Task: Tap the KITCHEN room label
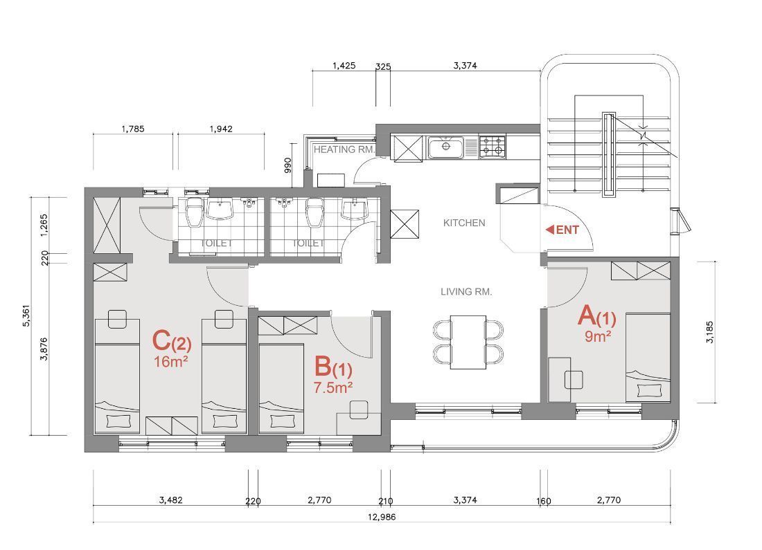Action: (464, 223)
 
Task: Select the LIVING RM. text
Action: (466, 292)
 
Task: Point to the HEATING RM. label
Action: (344, 149)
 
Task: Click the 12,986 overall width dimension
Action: (382, 517)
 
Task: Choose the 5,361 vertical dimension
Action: (26, 316)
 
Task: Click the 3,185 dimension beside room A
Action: (710, 332)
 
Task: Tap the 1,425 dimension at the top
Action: (344, 65)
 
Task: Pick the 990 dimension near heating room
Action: (287, 165)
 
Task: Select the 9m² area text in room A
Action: (598, 336)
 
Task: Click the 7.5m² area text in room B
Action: (333, 387)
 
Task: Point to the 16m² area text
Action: (171, 361)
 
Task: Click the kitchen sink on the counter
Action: (446, 147)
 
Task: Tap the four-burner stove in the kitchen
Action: (493, 147)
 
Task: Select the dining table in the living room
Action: (468, 342)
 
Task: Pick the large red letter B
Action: (322, 367)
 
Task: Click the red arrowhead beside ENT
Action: (550, 230)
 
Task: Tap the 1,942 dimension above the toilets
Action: (221, 129)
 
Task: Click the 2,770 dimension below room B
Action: (320, 500)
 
